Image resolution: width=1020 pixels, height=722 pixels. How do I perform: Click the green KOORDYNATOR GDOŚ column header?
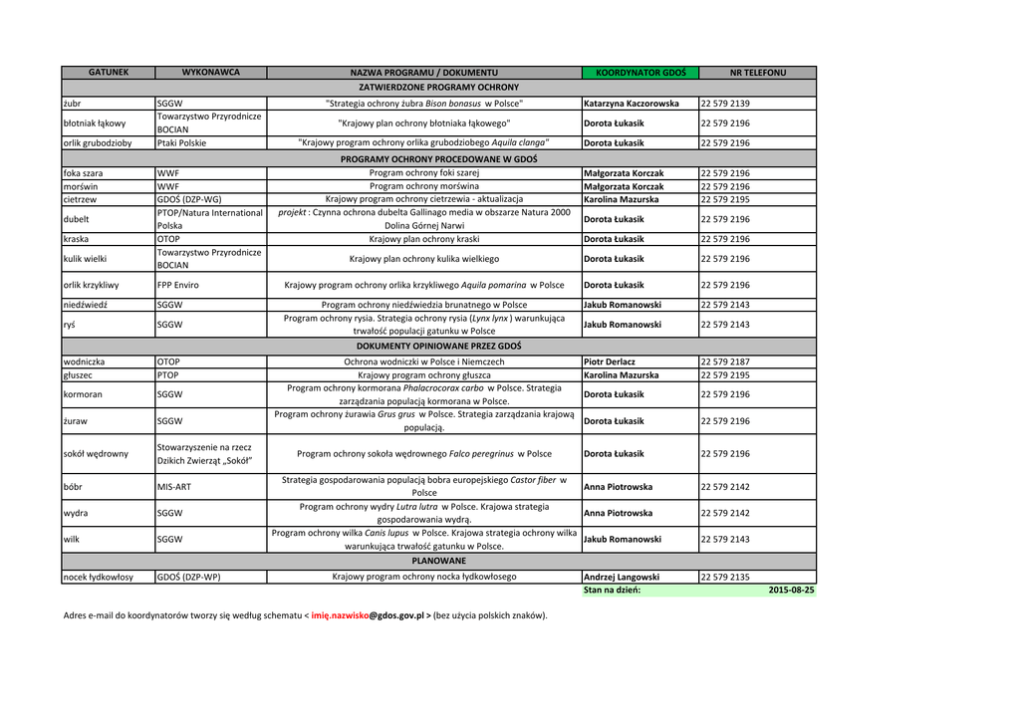click(640, 73)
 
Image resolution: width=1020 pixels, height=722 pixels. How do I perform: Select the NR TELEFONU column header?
click(757, 73)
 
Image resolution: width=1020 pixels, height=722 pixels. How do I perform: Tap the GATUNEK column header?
click(109, 73)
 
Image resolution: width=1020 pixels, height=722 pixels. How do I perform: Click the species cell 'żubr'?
click(72, 104)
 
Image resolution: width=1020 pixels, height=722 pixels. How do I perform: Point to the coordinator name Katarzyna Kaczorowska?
click(632, 104)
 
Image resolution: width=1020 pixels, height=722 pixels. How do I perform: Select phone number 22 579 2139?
click(725, 104)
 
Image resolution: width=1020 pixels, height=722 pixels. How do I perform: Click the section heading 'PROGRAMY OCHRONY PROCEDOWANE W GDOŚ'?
click(438, 158)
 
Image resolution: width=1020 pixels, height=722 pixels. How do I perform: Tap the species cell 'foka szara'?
click(84, 173)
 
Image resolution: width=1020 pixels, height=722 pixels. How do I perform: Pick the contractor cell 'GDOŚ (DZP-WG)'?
click(189, 199)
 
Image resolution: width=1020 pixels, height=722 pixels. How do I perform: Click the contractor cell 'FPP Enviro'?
click(178, 285)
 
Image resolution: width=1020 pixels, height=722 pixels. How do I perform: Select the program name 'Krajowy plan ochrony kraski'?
click(424, 239)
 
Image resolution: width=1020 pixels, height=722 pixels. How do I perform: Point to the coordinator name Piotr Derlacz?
click(610, 361)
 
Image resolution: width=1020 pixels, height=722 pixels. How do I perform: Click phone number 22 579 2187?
click(725, 361)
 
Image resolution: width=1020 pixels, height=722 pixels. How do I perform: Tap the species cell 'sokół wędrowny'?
click(96, 454)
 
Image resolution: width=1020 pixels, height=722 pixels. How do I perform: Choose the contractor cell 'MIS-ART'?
click(174, 488)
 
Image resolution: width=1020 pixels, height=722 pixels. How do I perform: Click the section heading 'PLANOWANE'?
click(438, 562)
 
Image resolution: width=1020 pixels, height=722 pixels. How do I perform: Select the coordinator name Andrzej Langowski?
click(622, 577)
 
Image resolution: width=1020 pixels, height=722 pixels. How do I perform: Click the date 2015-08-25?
click(791, 591)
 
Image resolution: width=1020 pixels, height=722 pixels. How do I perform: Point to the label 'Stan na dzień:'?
click(613, 591)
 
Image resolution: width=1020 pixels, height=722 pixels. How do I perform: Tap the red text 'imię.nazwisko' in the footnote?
click(340, 615)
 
